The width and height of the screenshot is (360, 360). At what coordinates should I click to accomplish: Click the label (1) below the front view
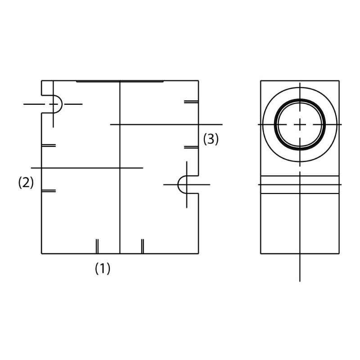[103, 268]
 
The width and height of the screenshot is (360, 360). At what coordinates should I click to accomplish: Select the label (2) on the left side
[26, 183]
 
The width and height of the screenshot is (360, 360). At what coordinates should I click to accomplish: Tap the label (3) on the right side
[211, 139]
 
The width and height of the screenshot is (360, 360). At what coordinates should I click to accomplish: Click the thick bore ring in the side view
[300, 99]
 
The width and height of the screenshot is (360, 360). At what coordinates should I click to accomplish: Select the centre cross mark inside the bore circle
[300, 125]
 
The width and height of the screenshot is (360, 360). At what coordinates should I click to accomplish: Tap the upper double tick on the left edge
[49, 145]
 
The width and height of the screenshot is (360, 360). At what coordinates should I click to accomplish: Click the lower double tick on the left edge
[49, 190]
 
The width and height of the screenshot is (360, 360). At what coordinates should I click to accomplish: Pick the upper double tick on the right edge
[191, 102]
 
